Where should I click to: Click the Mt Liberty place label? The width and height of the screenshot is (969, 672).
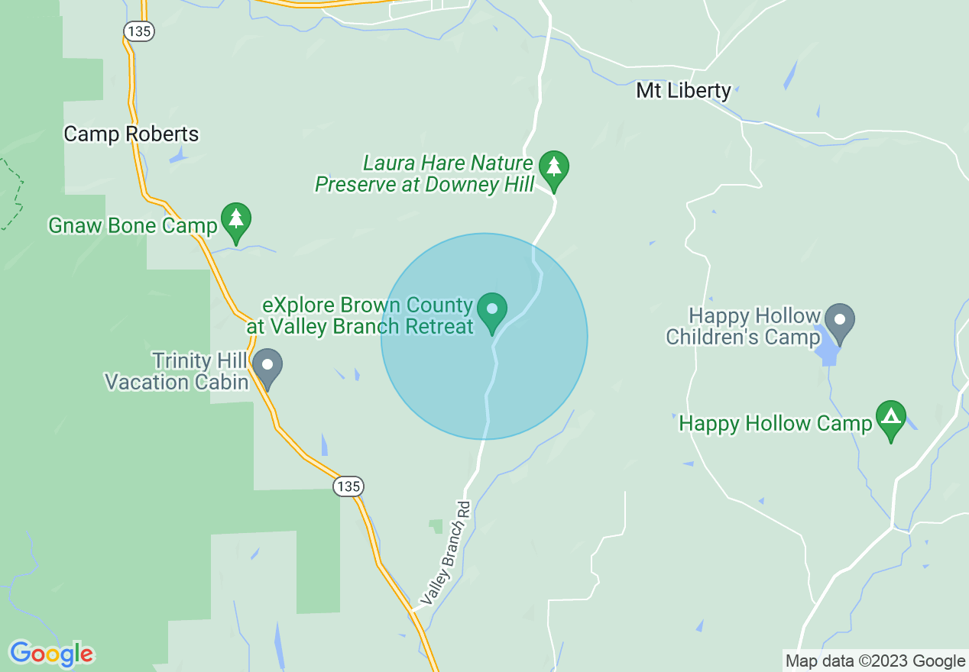tap(683, 91)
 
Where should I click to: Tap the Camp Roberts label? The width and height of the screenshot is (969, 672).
tap(131, 134)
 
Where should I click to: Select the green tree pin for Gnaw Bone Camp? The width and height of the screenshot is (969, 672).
tap(236, 221)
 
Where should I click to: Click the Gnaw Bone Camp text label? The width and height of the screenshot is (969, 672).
tap(133, 226)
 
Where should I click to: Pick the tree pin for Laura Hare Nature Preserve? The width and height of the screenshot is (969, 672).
tap(554, 168)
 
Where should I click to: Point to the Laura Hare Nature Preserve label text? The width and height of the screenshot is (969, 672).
tap(425, 174)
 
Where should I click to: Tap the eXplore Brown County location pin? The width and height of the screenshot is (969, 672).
tap(492, 310)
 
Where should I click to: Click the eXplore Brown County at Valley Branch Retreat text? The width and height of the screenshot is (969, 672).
tap(361, 316)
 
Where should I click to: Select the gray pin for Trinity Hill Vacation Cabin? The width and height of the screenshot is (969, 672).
tap(267, 366)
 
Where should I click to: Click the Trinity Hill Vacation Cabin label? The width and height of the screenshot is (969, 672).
tap(177, 371)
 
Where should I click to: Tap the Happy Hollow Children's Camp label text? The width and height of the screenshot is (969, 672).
tap(743, 326)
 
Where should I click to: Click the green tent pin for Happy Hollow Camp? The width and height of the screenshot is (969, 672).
tap(890, 418)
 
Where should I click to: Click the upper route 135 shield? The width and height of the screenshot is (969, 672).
tap(139, 31)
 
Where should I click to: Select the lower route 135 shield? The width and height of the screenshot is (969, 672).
tap(348, 486)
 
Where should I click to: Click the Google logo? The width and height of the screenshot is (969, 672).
tap(51, 654)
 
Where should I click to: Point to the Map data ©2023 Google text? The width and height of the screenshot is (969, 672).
tap(876, 661)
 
